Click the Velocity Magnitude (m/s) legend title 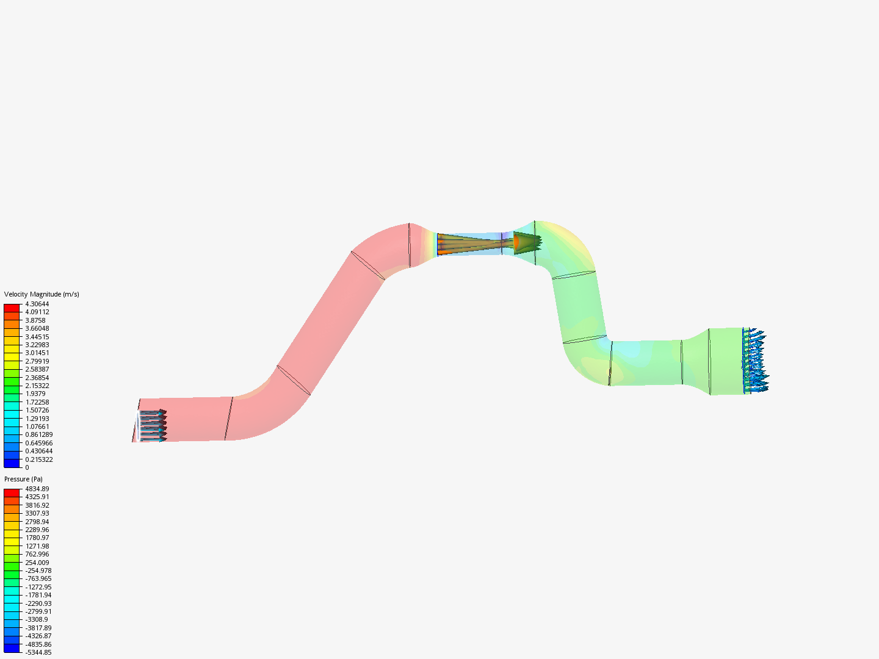point(42,294)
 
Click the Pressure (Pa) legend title point(23,479)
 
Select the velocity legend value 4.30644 point(37,304)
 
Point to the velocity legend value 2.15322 point(37,386)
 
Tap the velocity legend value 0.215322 point(39,459)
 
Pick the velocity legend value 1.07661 point(37,427)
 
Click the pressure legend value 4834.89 point(37,489)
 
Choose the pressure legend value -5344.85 point(38,652)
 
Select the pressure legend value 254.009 point(37,563)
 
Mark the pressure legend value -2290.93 point(38,603)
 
